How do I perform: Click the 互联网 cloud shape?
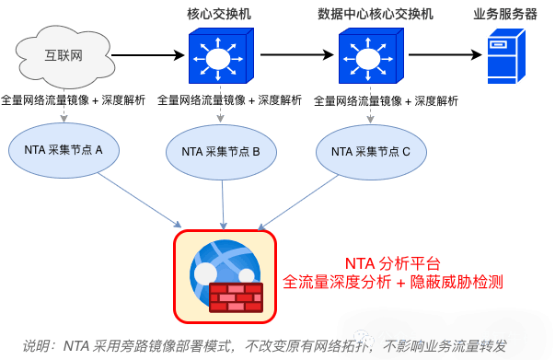pos(64,57)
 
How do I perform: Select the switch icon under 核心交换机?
pos(221,56)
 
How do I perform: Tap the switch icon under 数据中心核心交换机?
pos(371,56)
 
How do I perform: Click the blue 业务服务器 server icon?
pos(506,56)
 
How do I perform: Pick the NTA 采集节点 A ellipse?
pos(64,150)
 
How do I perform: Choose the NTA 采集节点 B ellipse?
pos(221,152)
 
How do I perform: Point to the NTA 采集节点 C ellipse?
pos(371,152)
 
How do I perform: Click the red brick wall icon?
pos(237,297)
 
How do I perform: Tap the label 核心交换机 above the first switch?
pos(219,14)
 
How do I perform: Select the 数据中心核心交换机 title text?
pos(376,14)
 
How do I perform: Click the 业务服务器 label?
pos(505,14)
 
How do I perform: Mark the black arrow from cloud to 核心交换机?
pos(148,55)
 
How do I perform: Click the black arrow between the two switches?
pos(297,55)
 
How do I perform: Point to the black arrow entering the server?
pos(445,55)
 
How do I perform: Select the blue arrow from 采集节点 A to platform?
pos(140,200)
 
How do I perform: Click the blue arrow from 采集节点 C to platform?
pos(297,203)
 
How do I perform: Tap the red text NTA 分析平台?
pos(393,263)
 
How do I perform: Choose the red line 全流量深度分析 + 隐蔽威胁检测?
pos(393,282)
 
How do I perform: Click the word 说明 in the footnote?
pos(35,346)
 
